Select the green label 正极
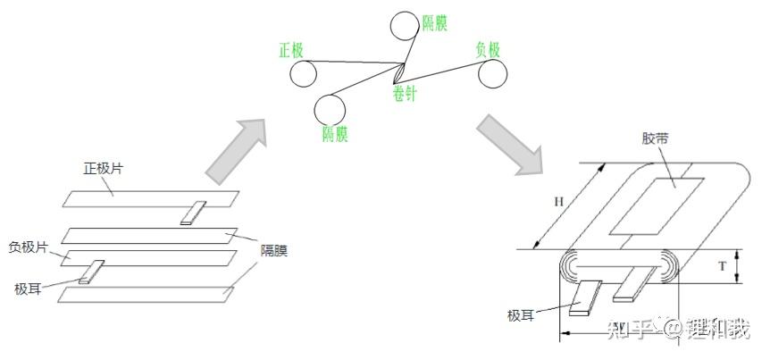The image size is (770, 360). pos(292,49)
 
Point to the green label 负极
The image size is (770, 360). pos(488,49)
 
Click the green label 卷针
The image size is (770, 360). pos(404,93)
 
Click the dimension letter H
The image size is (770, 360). pos(558,202)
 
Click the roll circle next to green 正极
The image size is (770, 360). pos(301,73)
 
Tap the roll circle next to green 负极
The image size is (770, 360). pos(492,75)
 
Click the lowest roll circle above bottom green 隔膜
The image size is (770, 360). pos(331,109)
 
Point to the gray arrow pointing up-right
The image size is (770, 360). pos(237,148)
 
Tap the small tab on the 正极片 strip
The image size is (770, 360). pos(192,213)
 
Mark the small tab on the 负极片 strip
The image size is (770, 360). pos(91,272)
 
